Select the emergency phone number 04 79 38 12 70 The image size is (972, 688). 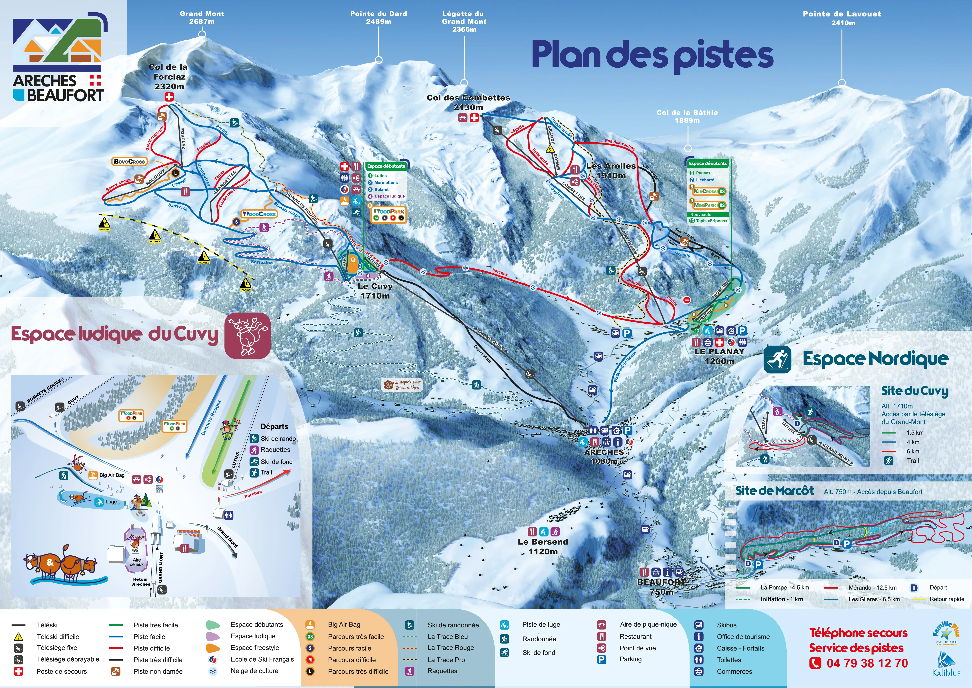pyautogui.click(x=867, y=663)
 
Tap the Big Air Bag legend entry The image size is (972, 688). pyautogui.click(x=344, y=624)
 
